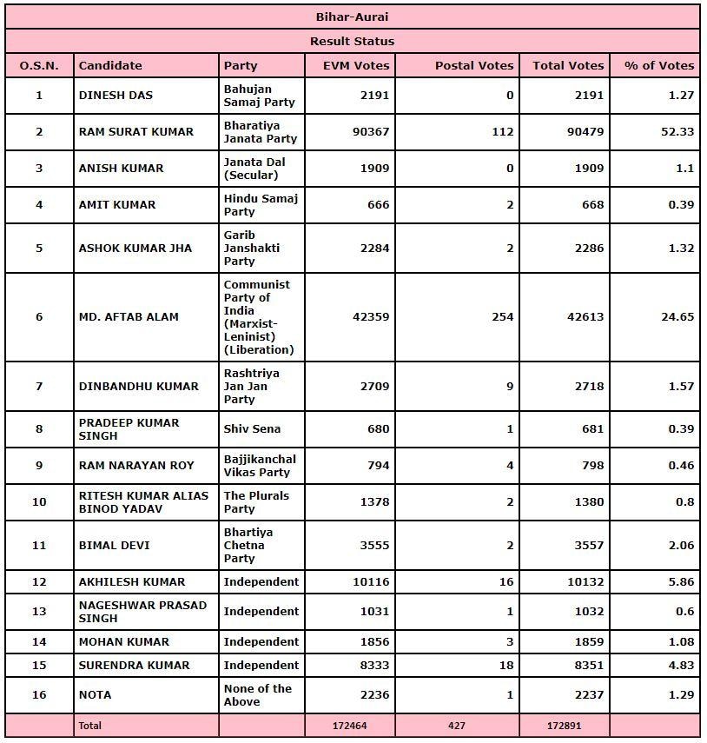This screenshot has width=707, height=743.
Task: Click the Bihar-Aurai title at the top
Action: pyautogui.click(x=353, y=17)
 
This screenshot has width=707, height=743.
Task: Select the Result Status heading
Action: pyautogui.click(x=353, y=41)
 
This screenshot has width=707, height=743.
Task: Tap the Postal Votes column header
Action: pyautogui.click(x=474, y=65)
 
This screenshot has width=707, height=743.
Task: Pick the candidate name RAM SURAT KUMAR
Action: pyautogui.click(x=136, y=132)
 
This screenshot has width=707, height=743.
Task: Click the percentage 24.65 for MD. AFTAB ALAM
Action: pyautogui.click(x=677, y=317)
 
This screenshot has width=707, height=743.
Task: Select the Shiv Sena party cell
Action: pyautogui.click(x=252, y=429)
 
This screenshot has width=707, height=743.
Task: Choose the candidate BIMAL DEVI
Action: pyautogui.click(x=115, y=546)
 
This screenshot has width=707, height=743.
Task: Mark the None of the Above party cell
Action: pyautogui.click(x=257, y=695)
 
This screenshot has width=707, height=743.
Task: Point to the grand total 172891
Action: pyautogui.click(x=568, y=726)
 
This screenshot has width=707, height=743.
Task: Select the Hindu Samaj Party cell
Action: pyautogui.click(x=261, y=205)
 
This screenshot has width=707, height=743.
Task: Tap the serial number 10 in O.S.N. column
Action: pyautogui.click(x=39, y=502)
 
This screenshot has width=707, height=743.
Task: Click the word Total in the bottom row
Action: pyautogui.click(x=90, y=726)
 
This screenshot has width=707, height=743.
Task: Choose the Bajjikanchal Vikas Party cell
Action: pyautogui.click(x=260, y=466)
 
